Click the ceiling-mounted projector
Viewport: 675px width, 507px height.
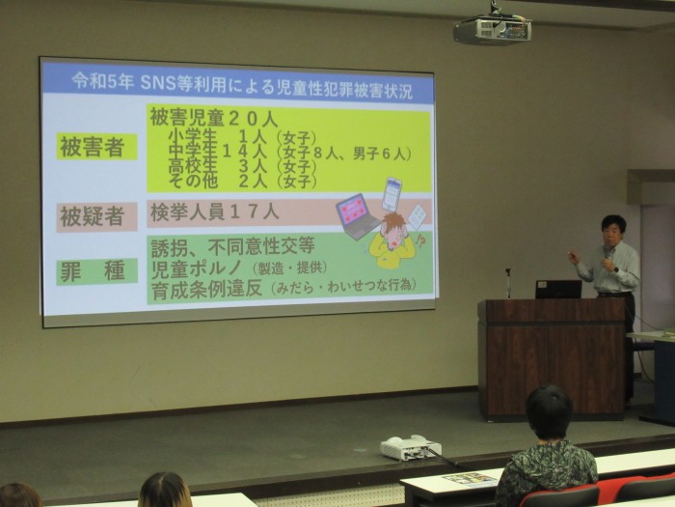(x=492, y=30)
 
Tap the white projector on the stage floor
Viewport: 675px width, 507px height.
(x=410, y=447)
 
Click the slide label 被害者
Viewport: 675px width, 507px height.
(x=93, y=148)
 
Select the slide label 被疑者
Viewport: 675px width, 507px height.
(x=93, y=217)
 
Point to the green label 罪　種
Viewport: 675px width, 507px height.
(x=93, y=271)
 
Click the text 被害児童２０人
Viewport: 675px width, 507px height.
(x=214, y=118)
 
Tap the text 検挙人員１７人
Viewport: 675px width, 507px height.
(x=215, y=212)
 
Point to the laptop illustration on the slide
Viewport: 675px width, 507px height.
(x=358, y=216)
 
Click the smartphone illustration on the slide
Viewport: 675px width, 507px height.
(x=391, y=194)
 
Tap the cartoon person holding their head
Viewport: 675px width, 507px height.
(x=392, y=240)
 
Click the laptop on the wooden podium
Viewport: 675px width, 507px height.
(x=558, y=290)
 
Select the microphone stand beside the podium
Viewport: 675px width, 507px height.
(x=508, y=283)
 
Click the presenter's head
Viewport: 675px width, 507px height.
(x=613, y=229)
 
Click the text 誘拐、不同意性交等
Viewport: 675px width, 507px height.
(x=233, y=246)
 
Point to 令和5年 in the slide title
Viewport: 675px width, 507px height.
(x=103, y=81)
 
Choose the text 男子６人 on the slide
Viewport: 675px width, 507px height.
(x=380, y=154)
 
